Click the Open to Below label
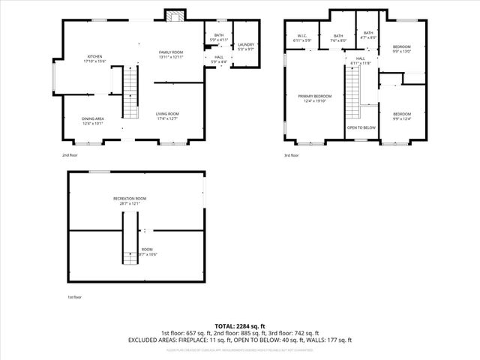361,127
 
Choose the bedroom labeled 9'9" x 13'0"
403,50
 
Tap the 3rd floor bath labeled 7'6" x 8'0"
338,37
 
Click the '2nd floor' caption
70,155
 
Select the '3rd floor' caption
291,155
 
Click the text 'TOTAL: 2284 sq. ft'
240,326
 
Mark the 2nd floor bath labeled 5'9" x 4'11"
218,37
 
